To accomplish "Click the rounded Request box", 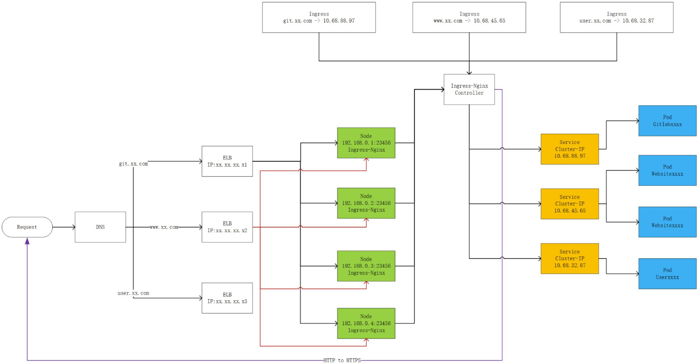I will tap(27, 227).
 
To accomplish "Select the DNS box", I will tap(100, 227).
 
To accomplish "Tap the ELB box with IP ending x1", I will tap(227, 161).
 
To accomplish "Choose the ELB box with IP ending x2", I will tap(227, 227).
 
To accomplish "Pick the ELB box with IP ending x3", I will tap(227, 298).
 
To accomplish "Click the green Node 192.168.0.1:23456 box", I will tap(366, 143).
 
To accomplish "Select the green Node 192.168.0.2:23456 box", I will tap(366, 203).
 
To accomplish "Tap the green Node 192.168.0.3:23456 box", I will tap(366, 266).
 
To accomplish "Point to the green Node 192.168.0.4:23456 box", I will tap(366, 323).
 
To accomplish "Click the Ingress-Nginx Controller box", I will tap(469, 89).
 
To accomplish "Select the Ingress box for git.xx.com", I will tap(319, 17).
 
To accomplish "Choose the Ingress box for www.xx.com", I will tap(469, 17).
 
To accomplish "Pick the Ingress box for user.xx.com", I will tap(616, 17).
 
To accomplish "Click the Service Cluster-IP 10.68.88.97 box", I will tap(569, 149).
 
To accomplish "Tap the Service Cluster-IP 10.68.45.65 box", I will tap(569, 204).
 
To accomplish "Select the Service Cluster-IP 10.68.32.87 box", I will tap(569, 258).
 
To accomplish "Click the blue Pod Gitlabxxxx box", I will tap(667, 121).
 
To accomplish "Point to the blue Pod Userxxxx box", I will tap(667, 273).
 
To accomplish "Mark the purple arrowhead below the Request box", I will tap(27, 241).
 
